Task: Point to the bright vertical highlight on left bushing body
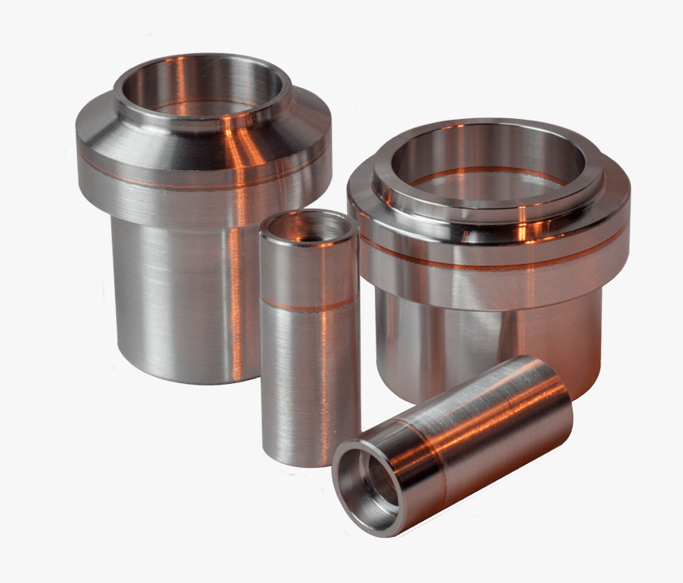237,301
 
